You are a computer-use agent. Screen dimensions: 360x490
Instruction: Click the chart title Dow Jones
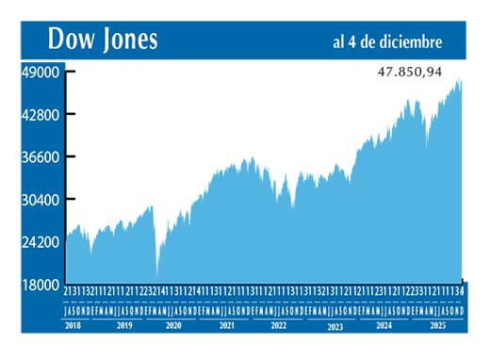[x=104, y=40]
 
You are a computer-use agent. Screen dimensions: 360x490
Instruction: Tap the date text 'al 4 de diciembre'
[x=387, y=41]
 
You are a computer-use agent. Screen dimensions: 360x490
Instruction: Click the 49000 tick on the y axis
[x=41, y=73]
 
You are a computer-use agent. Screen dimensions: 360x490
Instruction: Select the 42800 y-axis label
[x=41, y=115]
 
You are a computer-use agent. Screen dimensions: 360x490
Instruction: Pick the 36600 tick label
[x=41, y=157]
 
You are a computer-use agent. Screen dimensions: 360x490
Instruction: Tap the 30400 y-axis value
[x=41, y=200]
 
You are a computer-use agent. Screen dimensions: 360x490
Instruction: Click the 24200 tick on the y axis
[x=41, y=242]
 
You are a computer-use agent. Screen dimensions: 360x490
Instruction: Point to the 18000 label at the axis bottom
[x=41, y=285]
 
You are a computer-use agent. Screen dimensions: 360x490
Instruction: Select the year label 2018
[x=73, y=324]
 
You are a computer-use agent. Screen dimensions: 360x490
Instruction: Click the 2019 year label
[x=123, y=324]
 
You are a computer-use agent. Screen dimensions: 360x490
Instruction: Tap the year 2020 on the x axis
[x=174, y=324]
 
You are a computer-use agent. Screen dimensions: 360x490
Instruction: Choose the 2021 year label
[x=226, y=324]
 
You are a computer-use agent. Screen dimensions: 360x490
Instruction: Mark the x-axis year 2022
[x=278, y=324]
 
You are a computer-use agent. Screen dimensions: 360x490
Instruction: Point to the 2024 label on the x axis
[x=384, y=324]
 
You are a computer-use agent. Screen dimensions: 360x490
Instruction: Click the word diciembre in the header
[x=411, y=41]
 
